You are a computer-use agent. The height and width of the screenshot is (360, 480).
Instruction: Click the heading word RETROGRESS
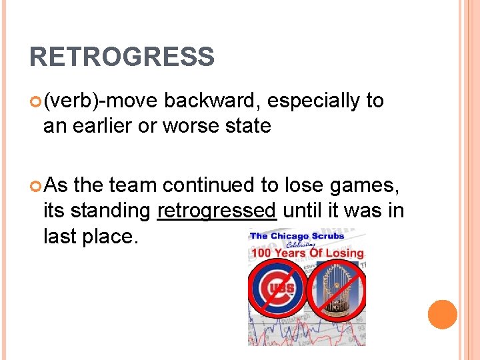point(122,57)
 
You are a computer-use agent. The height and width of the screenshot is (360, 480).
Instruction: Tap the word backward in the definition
point(211,101)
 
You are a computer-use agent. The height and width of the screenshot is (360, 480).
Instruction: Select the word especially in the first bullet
point(313,101)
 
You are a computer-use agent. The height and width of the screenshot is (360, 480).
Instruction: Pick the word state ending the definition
point(247,125)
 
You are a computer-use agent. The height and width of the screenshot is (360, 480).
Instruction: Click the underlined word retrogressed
point(217,210)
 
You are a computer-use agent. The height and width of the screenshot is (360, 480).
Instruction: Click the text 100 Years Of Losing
point(307,253)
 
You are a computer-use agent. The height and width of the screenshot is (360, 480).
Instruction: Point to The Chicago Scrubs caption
point(297,235)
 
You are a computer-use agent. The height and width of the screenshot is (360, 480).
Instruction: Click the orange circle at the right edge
point(442,315)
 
